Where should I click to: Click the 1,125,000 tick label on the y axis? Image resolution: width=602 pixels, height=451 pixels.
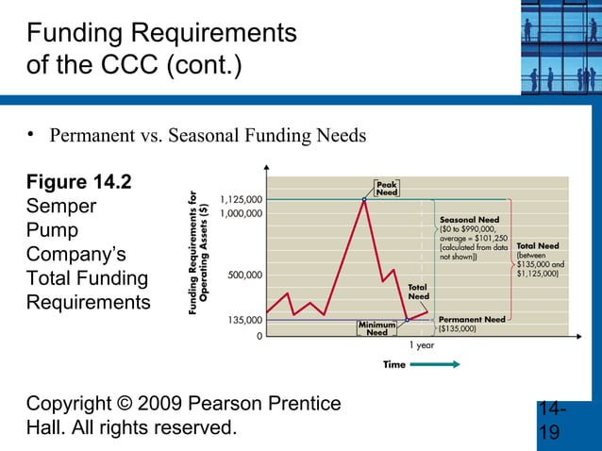click(x=241, y=200)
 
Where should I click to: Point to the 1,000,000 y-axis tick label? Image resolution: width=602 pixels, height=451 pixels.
click(x=241, y=214)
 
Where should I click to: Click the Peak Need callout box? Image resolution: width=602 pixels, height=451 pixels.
click(x=386, y=188)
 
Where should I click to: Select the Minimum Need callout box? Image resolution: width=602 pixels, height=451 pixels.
click(x=376, y=327)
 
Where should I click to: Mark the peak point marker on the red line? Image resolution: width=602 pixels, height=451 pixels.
click(x=363, y=199)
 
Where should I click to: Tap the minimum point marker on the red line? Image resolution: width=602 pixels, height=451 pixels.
click(x=407, y=320)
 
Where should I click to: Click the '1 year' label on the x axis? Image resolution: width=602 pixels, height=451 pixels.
click(x=421, y=345)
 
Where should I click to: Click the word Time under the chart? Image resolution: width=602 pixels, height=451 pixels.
click(x=394, y=364)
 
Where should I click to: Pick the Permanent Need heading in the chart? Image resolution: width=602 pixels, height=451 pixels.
click(x=473, y=320)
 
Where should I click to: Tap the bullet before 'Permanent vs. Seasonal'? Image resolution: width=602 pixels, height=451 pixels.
click(x=31, y=134)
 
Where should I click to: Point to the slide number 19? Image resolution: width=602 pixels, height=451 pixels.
click(x=549, y=432)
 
